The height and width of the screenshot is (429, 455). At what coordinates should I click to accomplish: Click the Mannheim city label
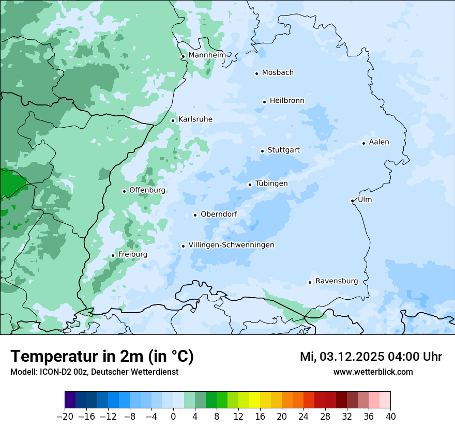tap(207, 55)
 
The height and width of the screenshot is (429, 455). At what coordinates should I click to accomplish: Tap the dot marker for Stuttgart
tap(262, 151)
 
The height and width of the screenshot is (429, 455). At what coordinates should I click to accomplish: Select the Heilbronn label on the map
tap(287, 101)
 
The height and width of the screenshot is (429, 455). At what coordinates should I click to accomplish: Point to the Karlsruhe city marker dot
tap(173, 120)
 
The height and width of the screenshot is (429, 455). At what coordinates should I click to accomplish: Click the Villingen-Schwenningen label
tap(231, 245)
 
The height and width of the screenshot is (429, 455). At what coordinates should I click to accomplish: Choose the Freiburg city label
tap(132, 254)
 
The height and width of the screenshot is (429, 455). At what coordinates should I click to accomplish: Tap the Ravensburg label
tap(337, 281)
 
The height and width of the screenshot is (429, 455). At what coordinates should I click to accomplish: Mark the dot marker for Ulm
tap(352, 201)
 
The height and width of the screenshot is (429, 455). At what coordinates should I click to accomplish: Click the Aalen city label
tap(379, 142)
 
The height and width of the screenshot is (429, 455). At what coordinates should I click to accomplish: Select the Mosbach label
tap(278, 72)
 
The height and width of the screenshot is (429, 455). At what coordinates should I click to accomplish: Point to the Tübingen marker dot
tap(250, 185)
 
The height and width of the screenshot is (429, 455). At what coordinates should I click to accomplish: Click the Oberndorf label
tap(219, 214)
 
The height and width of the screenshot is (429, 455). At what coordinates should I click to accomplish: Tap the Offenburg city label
tap(147, 190)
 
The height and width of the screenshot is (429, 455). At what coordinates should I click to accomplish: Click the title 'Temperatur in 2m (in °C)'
tap(102, 357)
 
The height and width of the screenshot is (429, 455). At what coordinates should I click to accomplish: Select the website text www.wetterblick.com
tap(373, 372)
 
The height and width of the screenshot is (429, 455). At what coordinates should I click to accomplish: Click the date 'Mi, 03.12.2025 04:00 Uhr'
tap(371, 357)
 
